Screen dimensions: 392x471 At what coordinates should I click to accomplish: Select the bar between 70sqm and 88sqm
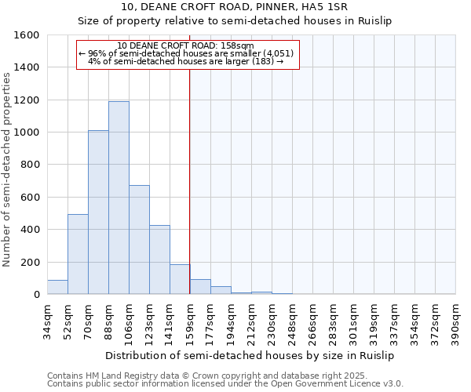[x=98, y=212]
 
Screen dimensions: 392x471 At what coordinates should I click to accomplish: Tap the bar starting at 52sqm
[x=78, y=254]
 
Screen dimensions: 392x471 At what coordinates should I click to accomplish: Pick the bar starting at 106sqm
[x=139, y=239]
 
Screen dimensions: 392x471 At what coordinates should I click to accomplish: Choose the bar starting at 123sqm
[x=159, y=260]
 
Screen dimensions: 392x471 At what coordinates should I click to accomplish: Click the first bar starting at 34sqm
[x=57, y=287]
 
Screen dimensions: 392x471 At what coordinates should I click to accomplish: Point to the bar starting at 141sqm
[x=180, y=279]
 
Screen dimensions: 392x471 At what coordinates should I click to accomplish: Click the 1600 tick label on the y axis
[x=27, y=35]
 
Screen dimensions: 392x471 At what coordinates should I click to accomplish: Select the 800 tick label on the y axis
[x=30, y=165]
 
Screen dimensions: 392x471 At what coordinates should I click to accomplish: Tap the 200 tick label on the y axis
[x=30, y=262]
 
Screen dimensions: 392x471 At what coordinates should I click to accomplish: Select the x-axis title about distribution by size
[x=250, y=355]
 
